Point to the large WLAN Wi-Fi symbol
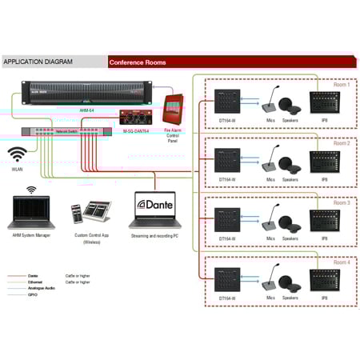[x=18, y=154]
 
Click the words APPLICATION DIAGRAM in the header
[x=38, y=61]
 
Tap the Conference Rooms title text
[x=138, y=62]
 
